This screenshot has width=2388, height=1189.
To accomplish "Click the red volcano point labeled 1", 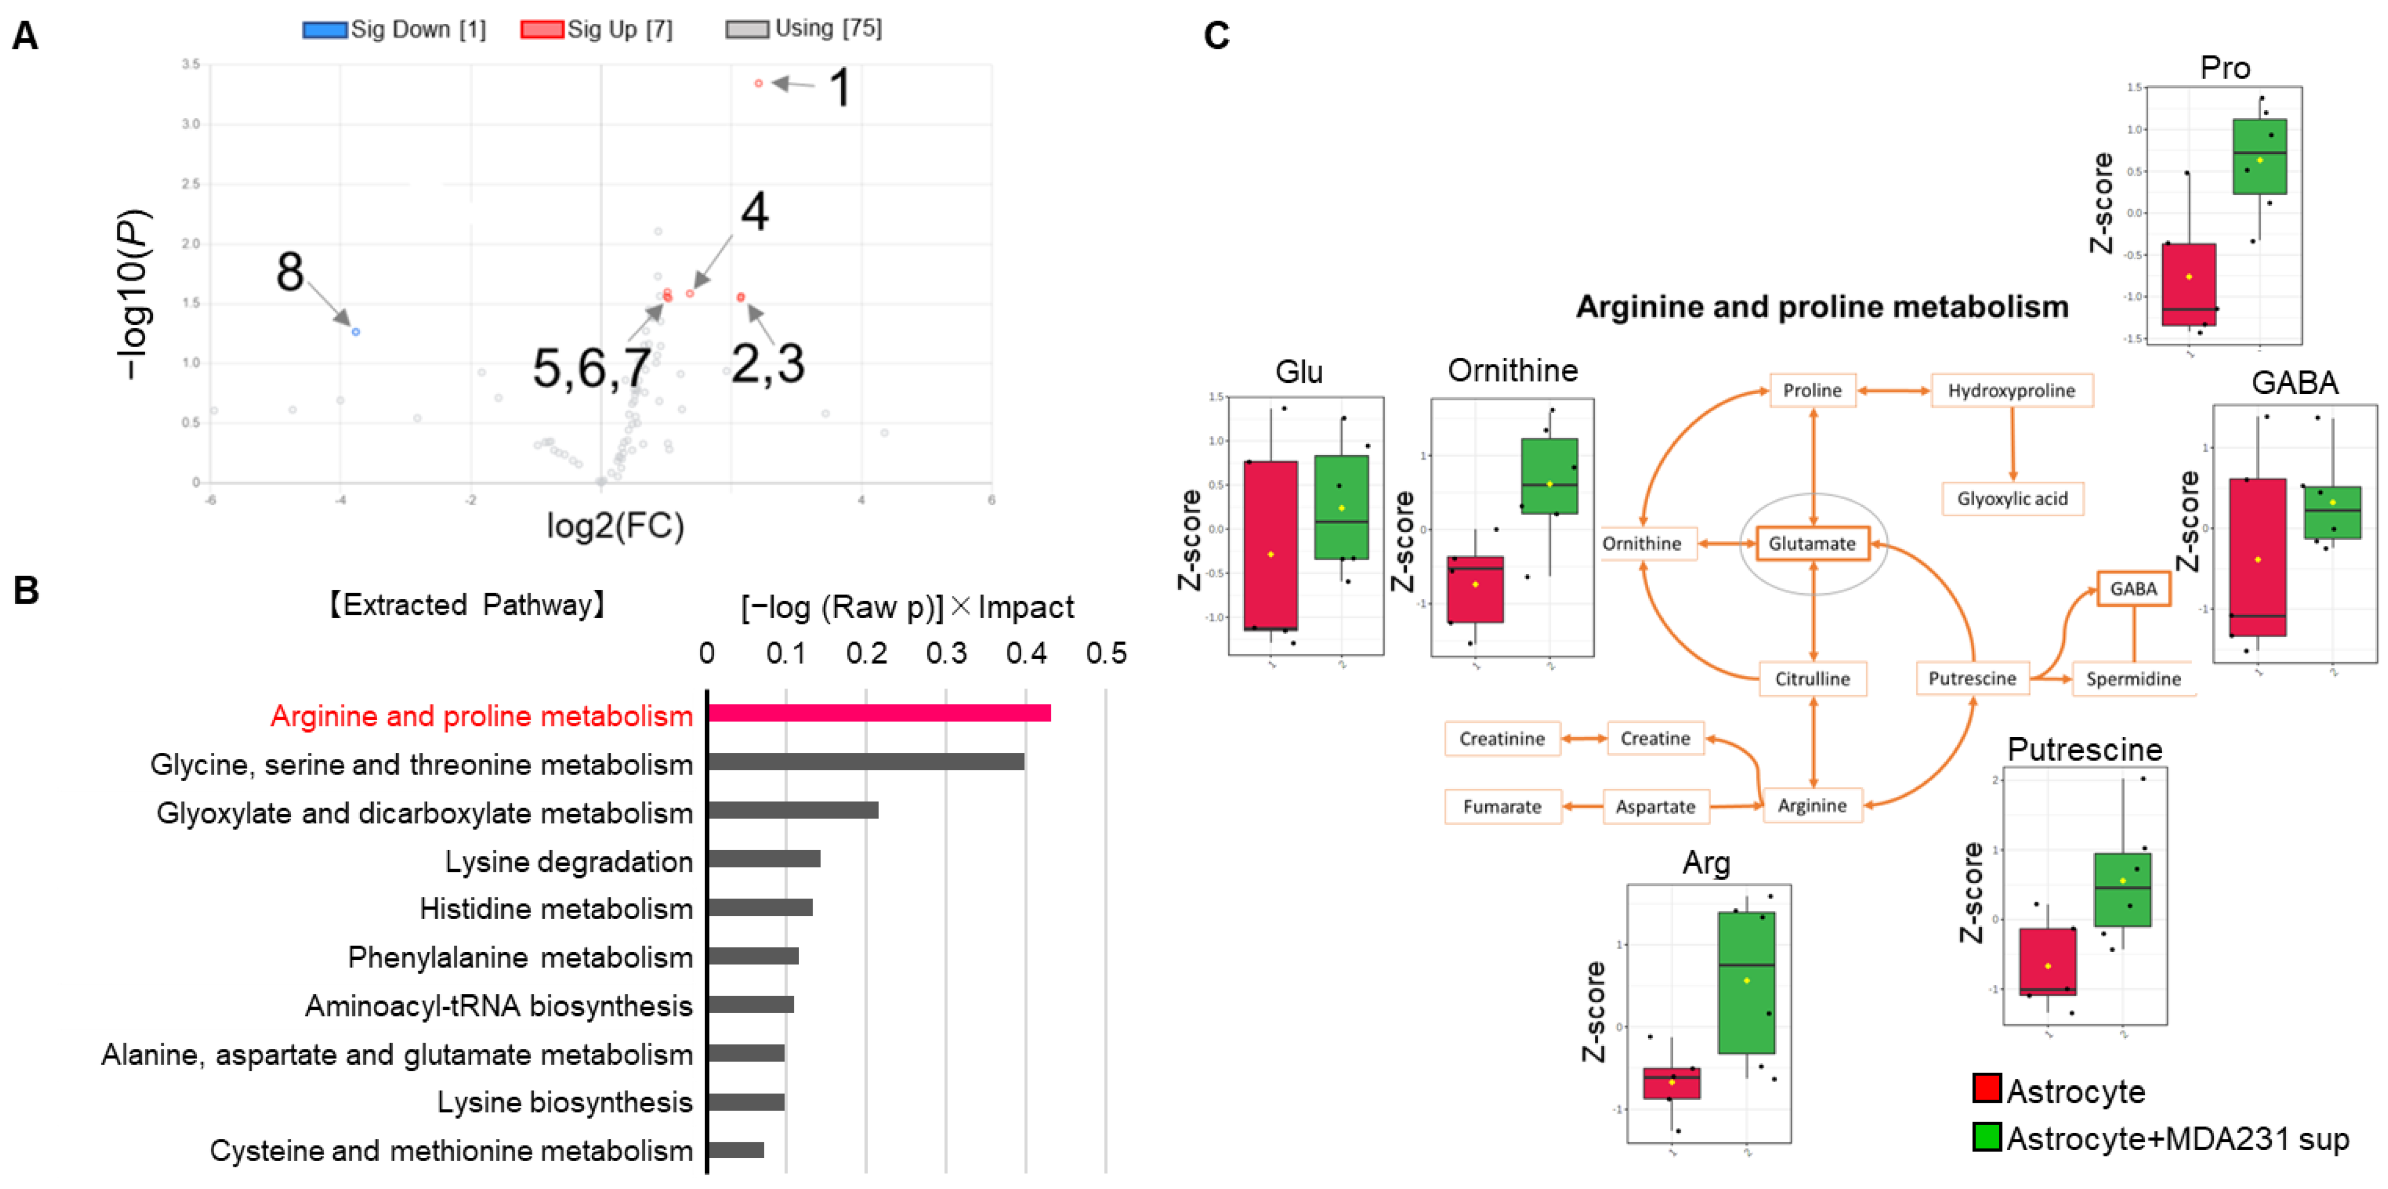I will point(758,83).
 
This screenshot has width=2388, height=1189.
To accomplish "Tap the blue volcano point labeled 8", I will point(356,331).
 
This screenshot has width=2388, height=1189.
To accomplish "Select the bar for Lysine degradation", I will point(764,859).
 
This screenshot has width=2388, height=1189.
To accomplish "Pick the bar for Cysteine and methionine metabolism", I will point(736,1150).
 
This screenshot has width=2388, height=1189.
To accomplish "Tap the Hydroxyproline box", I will point(2011,391).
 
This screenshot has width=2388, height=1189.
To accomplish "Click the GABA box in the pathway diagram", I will point(2133,589).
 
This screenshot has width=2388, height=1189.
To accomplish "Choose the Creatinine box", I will point(1502,739).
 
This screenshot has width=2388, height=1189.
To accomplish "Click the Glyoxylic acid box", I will point(2011,499).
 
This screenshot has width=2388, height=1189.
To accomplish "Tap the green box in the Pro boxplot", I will point(2259,156).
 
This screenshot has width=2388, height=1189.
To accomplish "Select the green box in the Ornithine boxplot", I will point(1549,476).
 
